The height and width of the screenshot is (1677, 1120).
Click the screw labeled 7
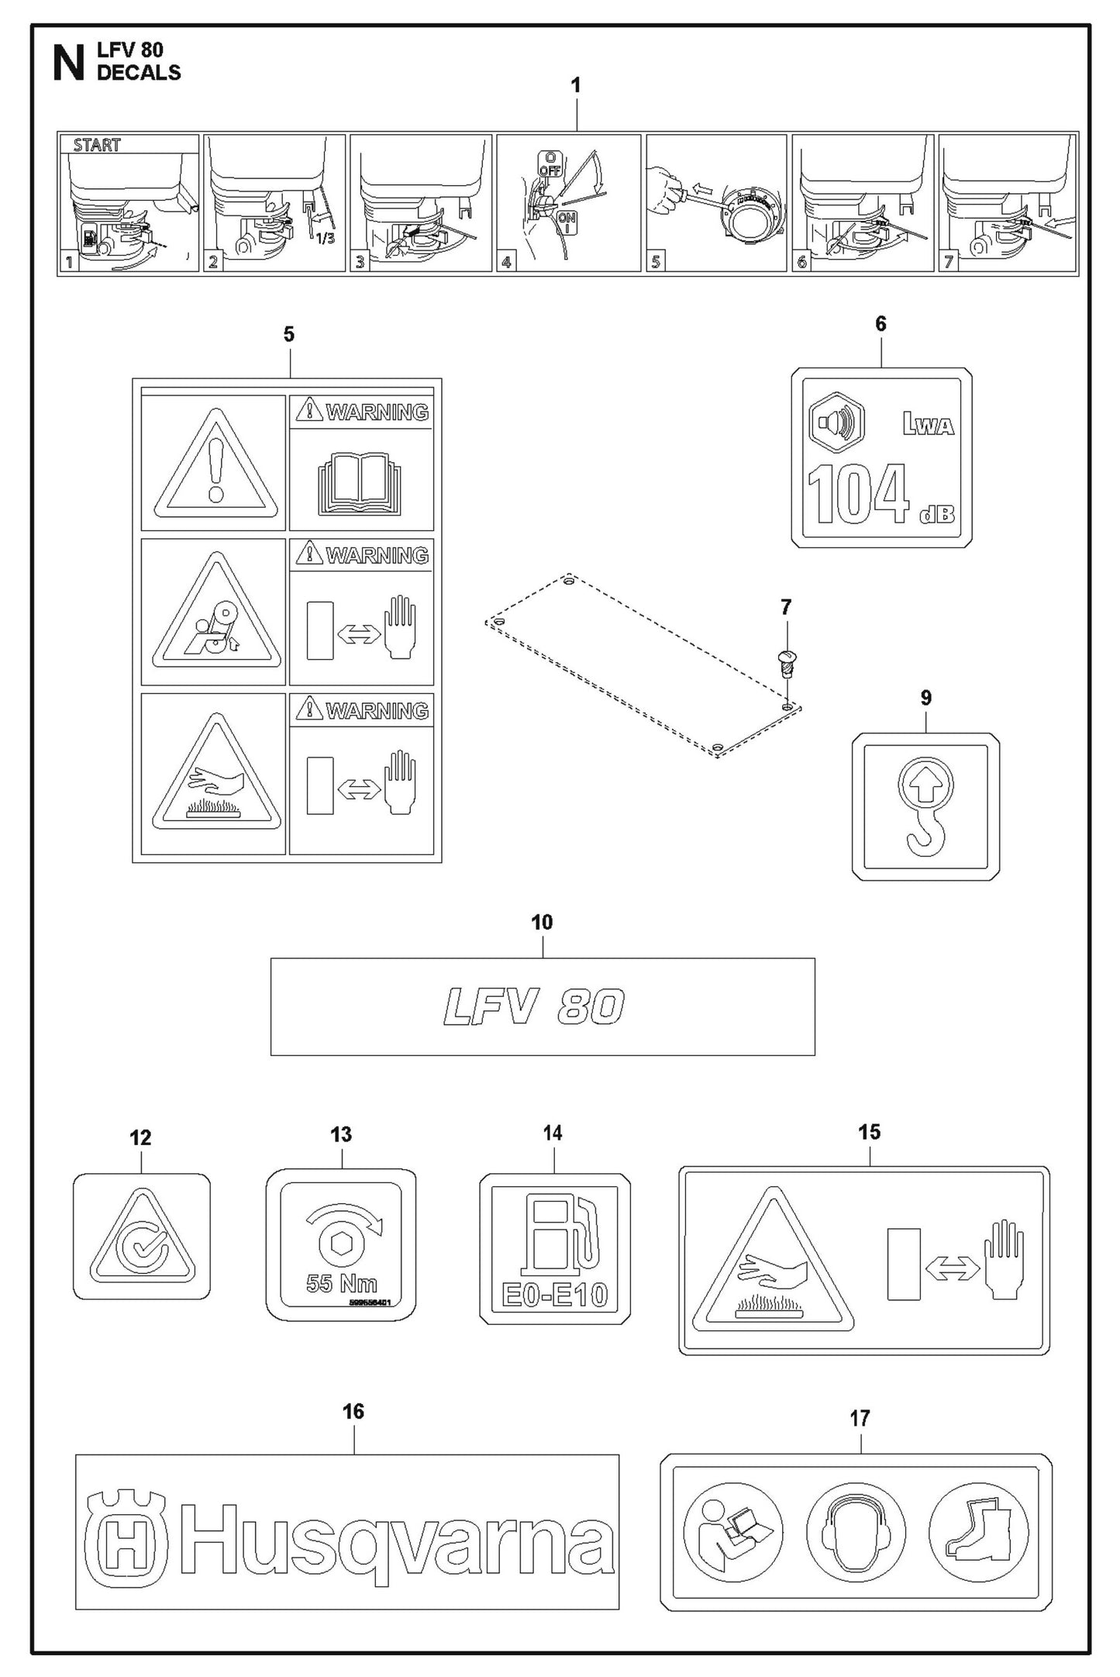786,664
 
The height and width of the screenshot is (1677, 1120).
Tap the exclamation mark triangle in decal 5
215,465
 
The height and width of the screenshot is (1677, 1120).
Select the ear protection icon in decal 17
856,1531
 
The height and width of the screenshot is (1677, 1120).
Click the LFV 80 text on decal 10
533,1007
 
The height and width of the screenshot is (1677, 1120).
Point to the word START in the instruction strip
97,145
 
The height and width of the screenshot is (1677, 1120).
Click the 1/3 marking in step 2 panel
326,238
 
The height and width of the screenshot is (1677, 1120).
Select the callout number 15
869,1133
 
